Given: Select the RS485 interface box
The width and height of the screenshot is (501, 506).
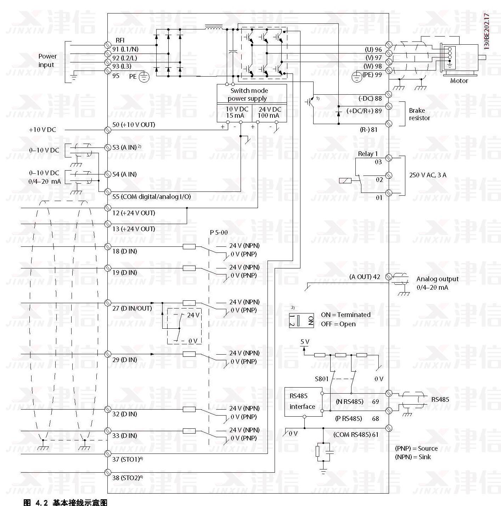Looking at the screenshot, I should point(303,401).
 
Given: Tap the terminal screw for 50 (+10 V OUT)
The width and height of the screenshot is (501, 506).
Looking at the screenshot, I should point(108,130).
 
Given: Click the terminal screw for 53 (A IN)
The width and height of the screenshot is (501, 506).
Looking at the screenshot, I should point(108,147).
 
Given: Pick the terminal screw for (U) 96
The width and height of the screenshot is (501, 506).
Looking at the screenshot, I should point(389,45).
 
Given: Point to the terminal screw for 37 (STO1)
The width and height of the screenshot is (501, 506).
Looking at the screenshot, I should point(108,454).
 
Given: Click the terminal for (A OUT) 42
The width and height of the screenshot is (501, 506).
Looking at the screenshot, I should point(389,277).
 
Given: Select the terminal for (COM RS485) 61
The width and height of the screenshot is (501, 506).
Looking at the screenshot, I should point(389,428).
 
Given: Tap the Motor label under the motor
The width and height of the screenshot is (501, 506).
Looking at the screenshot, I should point(459,81).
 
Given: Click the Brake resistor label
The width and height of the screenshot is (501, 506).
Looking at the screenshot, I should point(420,114).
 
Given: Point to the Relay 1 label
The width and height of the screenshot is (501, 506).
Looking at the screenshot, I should point(368,154).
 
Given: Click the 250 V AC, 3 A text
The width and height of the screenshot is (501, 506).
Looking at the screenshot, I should point(428,175).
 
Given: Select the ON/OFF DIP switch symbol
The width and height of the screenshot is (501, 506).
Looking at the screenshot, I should point(301,321).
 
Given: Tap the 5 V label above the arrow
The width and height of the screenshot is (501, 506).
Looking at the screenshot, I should point(305,342).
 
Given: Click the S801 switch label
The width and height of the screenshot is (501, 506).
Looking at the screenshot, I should point(322,379).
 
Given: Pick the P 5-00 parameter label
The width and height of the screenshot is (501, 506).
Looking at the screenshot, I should point(219,233).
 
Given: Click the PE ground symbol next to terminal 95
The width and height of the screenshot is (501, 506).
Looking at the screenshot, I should point(143,77).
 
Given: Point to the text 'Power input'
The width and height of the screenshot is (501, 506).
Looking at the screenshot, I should point(47,61).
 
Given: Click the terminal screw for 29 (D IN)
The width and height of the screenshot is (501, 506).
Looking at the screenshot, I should point(108,354).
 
